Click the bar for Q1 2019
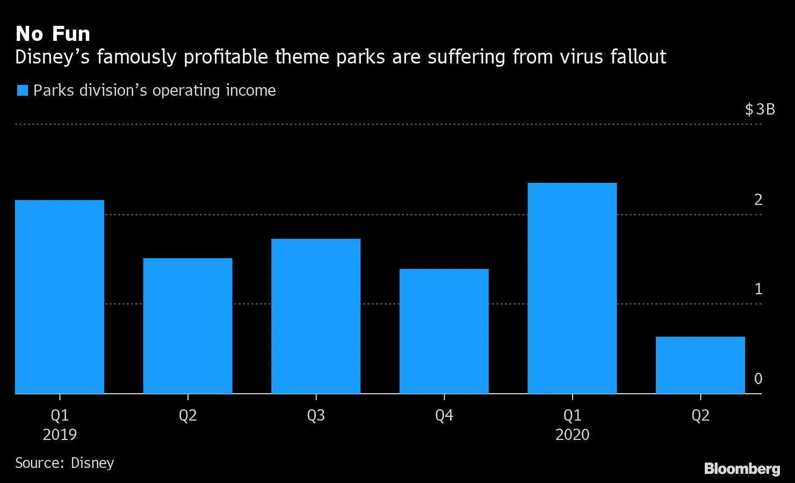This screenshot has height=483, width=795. coord(60,297)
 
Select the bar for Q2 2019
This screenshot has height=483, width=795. coord(187,326)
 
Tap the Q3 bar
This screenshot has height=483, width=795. coord(316,316)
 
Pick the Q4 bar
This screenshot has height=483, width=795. coord(444,331)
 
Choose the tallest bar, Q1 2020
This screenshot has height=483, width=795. coord(572,288)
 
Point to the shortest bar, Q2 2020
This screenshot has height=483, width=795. coord(700,365)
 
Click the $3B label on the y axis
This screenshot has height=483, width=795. coord(760,110)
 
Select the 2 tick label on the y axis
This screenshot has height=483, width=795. coord(758,200)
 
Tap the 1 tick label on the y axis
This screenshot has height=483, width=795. coord(758,289)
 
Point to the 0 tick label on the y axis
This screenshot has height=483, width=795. coord(758,379)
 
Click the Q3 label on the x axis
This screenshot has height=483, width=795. coord(316,415)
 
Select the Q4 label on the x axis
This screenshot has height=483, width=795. coord(444,415)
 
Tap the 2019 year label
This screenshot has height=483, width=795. coord(60,435)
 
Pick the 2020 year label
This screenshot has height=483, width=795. coord(572,435)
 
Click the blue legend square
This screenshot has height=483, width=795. coord(22,90)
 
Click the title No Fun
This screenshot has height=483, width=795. coord(53,34)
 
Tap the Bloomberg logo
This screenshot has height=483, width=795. coord(742,468)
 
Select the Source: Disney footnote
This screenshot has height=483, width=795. coord(64,463)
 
